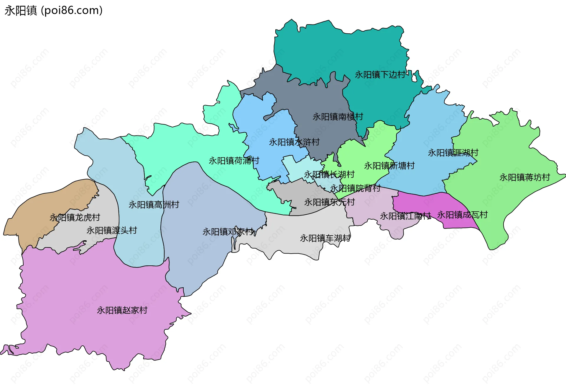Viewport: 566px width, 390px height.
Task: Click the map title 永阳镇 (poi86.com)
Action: (54, 11)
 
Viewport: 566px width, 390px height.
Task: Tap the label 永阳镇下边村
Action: (380, 75)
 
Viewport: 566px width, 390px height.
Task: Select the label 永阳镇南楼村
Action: (338, 117)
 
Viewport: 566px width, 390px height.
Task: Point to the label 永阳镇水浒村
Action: (294, 142)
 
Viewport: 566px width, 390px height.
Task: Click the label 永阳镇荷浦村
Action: (234, 161)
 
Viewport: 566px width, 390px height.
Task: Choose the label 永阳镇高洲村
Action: (154, 205)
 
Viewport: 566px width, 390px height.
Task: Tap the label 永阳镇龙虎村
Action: (75, 218)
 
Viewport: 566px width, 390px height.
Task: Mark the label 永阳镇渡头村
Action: (112, 231)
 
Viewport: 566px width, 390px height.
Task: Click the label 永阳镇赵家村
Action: (122, 310)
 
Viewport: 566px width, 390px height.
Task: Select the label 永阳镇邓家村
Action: (228, 232)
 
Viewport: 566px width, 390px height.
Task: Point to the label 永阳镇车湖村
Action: (325, 238)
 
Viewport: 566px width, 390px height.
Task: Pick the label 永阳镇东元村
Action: (330, 203)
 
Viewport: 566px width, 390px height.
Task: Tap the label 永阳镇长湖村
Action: (329, 175)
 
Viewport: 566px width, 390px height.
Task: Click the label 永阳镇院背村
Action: (355, 188)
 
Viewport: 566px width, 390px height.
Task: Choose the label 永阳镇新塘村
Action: (389, 166)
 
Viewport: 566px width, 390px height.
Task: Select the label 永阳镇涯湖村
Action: (453, 153)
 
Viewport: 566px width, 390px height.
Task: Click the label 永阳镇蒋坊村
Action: (525, 177)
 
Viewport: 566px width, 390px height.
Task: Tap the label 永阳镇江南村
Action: (405, 216)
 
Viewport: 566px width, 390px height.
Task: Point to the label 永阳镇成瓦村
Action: (462, 215)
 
